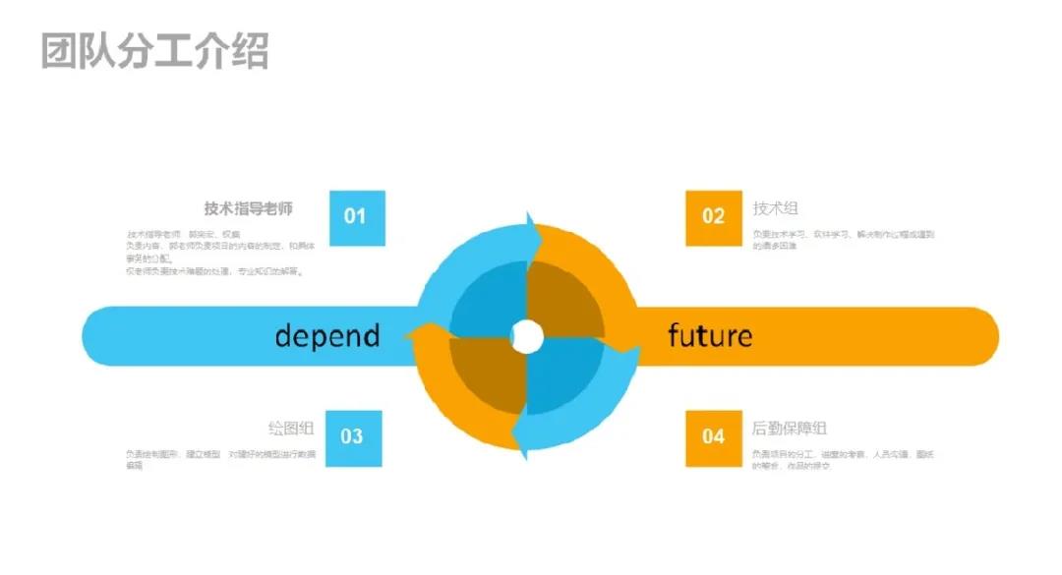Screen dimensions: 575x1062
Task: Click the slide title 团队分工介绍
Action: click(154, 50)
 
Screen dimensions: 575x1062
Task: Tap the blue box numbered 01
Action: click(357, 217)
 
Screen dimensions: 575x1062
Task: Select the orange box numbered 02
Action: click(714, 217)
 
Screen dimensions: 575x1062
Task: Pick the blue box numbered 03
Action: click(353, 437)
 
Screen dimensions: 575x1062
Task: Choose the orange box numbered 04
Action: click(714, 437)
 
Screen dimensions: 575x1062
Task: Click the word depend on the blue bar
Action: click(327, 336)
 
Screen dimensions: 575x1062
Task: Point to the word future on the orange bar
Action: click(710, 336)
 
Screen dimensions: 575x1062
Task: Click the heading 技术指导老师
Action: click(248, 208)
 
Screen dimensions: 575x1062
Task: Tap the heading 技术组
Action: click(775, 208)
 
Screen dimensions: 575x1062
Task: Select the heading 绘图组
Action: click(291, 429)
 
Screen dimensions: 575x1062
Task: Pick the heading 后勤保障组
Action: click(789, 429)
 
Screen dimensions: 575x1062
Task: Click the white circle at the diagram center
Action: click(528, 336)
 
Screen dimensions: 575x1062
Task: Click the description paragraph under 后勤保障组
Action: click(843, 459)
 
